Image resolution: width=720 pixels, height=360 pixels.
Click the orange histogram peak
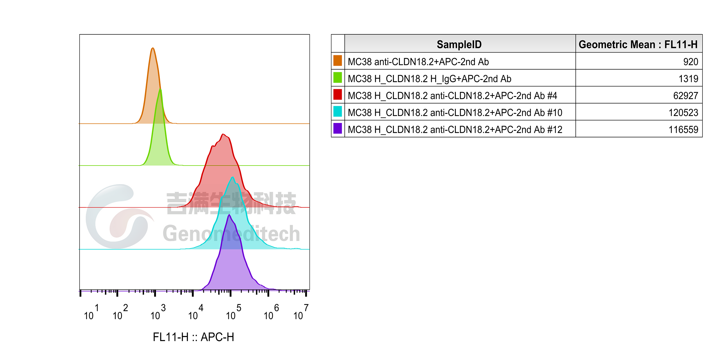[153, 48]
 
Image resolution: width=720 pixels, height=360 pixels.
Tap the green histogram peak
[160, 89]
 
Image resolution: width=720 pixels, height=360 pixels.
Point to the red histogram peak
[223, 134]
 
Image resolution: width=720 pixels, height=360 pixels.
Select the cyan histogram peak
[233, 177]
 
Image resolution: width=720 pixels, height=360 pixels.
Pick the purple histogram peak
[229, 215]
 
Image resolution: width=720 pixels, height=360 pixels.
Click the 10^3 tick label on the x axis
[158, 312]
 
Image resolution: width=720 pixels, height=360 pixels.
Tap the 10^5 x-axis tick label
[233, 312]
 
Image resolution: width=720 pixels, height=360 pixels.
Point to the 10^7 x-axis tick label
[301, 312]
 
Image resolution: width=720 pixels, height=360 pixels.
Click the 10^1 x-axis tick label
[91, 312]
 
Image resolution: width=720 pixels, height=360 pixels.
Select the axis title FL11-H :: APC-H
[193, 337]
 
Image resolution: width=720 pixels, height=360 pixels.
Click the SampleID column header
[459, 44]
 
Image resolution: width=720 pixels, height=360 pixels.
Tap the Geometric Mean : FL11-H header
[638, 44]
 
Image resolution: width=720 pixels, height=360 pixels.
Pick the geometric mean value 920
[691, 62]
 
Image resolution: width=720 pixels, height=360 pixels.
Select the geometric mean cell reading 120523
[683, 113]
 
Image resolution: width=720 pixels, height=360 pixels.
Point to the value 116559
[683, 130]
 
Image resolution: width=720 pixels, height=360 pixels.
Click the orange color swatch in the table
[338, 61]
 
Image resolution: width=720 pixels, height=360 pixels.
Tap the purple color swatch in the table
[338, 128]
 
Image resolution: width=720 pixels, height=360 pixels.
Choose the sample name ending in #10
[455, 113]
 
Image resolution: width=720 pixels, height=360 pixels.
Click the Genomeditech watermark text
[232, 233]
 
